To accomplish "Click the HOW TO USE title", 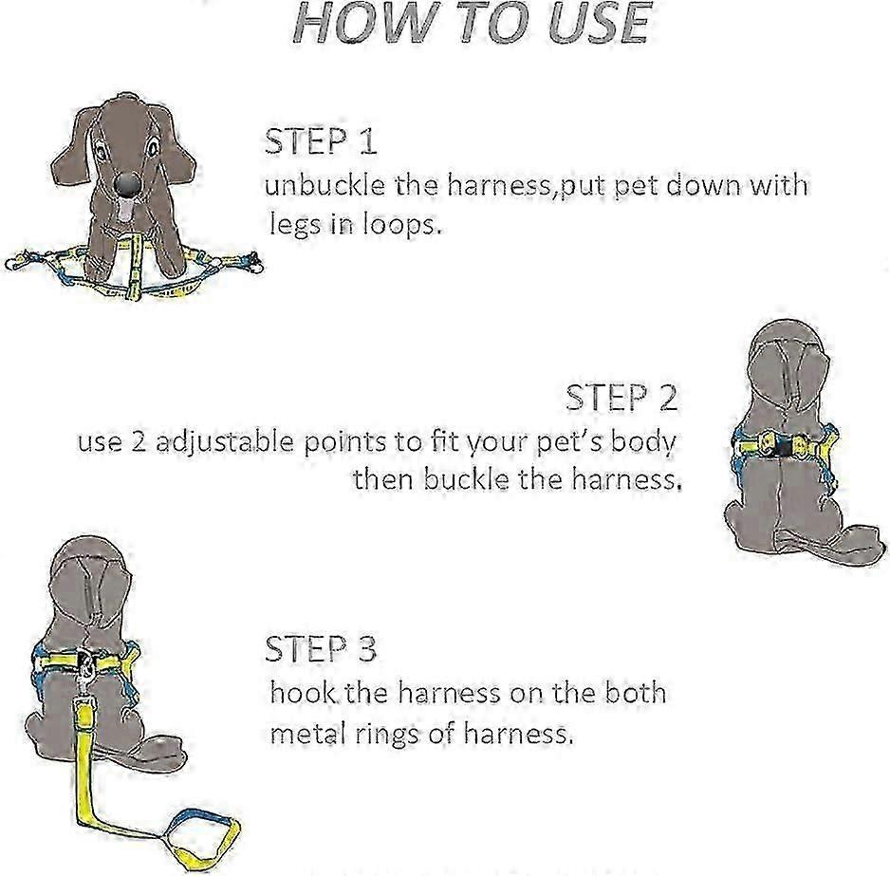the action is [x=471, y=23].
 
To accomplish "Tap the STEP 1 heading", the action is [x=321, y=142].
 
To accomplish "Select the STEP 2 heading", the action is [x=621, y=398].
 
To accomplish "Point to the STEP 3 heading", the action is [x=321, y=649].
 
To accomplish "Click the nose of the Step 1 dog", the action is [x=126, y=184].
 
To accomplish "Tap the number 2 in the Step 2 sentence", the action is [x=139, y=441].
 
